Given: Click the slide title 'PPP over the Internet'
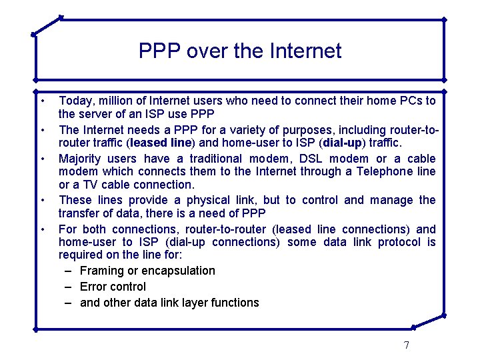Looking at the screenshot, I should click(x=240, y=51).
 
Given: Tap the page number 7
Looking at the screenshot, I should click(x=406, y=345).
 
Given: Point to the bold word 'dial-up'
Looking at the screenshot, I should click(x=343, y=143).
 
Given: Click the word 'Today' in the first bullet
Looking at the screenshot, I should click(x=74, y=101).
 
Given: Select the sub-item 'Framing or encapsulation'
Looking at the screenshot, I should click(x=147, y=271).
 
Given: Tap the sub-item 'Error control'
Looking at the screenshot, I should click(x=113, y=287).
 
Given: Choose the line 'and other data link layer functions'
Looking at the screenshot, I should click(x=169, y=303).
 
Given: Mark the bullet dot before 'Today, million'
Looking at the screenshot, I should click(x=42, y=101).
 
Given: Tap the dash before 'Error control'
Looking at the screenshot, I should click(x=69, y=287).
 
